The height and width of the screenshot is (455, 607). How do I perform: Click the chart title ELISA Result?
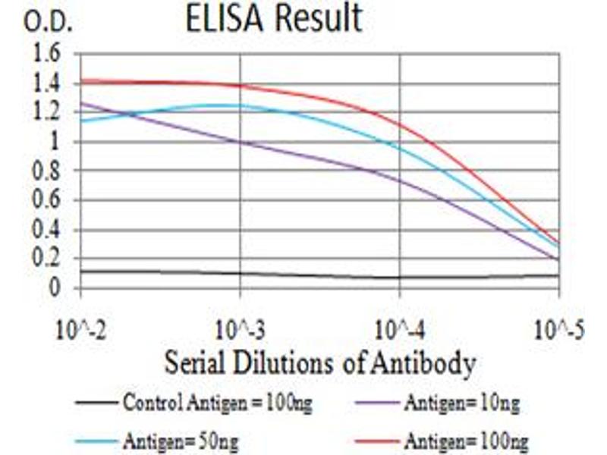274,19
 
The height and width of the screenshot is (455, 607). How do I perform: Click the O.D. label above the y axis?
48,24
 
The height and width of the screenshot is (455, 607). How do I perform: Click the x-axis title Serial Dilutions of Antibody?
319,364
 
